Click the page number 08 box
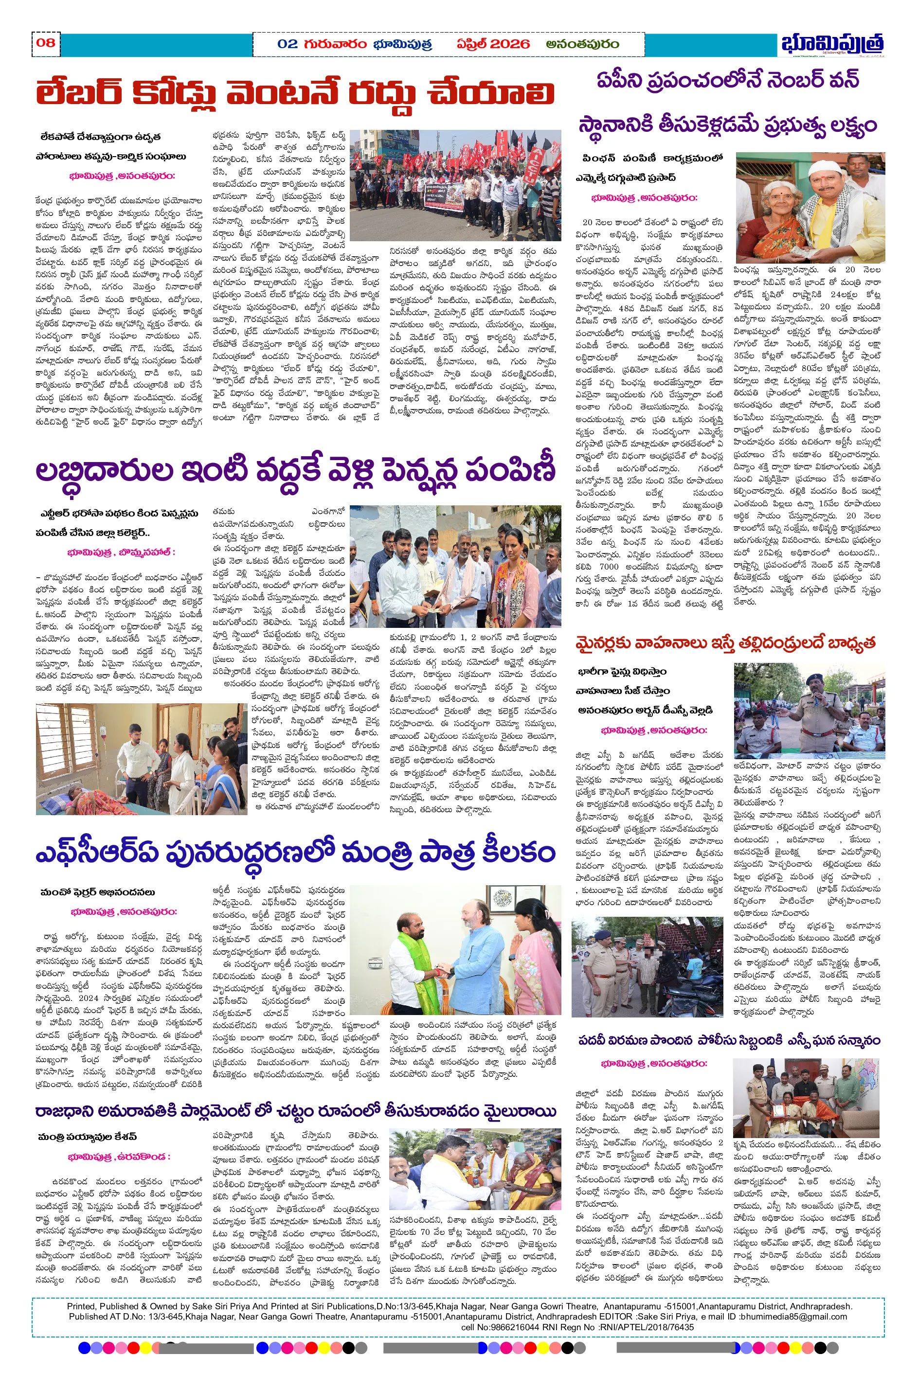46,43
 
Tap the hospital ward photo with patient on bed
141,758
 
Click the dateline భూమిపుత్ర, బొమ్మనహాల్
121,552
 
